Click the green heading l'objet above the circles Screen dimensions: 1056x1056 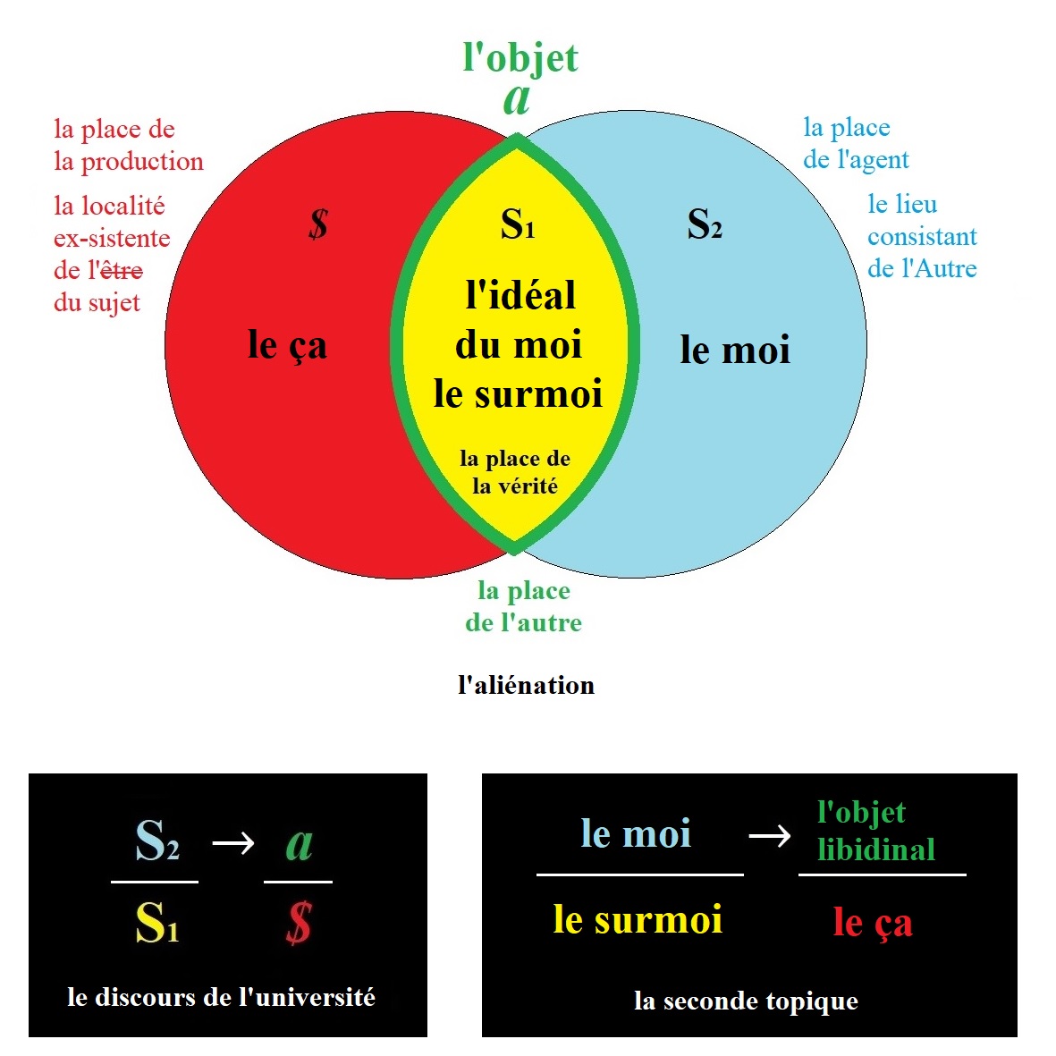(520, 57)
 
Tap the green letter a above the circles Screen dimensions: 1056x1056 (517, 99)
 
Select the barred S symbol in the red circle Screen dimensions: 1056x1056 (318, 224)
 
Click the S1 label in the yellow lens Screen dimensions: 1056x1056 (518, 224)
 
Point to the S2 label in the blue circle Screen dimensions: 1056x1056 (704, 224)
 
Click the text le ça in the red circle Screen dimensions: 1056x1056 (287, 345)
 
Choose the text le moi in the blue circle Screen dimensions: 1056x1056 (735, 350)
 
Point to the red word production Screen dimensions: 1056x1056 (142, 162)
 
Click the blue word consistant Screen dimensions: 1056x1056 (922, 237)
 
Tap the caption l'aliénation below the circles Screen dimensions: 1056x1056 (526, 686)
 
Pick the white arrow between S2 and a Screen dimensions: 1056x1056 (233, 842)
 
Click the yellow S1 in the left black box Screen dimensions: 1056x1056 (156, 923)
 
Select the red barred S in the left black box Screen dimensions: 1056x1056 (299, 923)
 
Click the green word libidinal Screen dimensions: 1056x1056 (875, 849)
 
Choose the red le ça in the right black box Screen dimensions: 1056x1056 (872, 922)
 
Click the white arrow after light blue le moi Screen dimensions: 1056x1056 (770, 835)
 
